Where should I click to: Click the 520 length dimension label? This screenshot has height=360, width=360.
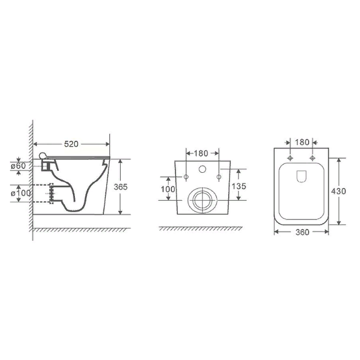(x=71, y=144)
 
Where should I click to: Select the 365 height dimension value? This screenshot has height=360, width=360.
(x=121, y=187)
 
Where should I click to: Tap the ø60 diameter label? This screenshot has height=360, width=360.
(x=18, y=166)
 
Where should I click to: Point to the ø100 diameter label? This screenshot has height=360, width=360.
(x=21, y=193)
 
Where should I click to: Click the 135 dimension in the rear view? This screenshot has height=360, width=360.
(x=239, y=186)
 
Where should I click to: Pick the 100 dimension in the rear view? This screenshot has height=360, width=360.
(x=168, y=189)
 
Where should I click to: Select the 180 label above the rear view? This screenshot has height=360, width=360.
(x=201, y=153)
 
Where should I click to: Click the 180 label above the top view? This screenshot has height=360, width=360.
(x=302, y=142)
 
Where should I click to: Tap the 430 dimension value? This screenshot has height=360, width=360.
(x=339, y=191)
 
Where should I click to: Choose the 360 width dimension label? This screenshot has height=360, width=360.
(x=302, y=232)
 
